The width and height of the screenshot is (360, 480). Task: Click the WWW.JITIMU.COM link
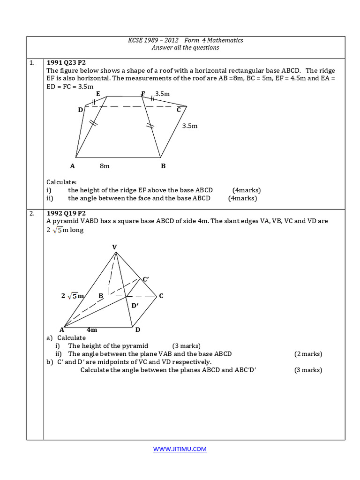(x=180, y=449)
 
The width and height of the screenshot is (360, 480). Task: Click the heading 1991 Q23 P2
(x=66, y=62)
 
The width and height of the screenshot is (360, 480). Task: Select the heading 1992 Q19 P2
(x=66, y=213)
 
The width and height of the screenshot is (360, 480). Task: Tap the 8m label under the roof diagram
(x=105, y=166)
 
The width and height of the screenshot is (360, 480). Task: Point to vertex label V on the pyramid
(x=115, y=247)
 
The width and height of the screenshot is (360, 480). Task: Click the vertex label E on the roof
(x=98, y=94)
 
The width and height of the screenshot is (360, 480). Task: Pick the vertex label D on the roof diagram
(x=81, y=110)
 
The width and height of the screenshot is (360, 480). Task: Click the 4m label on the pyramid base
(x=92, y=330)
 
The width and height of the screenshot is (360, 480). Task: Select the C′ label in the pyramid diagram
(x=146, y=279)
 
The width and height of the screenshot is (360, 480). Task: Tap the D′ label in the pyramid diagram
(x=135, y=306)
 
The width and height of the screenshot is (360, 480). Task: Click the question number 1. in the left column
(x=32, y=62)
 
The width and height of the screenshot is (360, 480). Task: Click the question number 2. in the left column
(x=32, y=213)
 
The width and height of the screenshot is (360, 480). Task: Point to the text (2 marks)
(x=308, y=354)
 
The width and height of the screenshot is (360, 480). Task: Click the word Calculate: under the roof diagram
(x=61, y=182)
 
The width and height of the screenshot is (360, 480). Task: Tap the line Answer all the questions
(x=185, y=47)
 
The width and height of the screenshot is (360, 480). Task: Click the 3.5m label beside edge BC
(x=190, y=126)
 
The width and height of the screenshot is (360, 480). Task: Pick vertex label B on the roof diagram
(x=163, y=166)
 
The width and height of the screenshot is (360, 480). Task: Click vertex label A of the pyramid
(x=61, y=330)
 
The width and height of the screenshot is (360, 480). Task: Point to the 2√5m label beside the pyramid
(x=72, y=296)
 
